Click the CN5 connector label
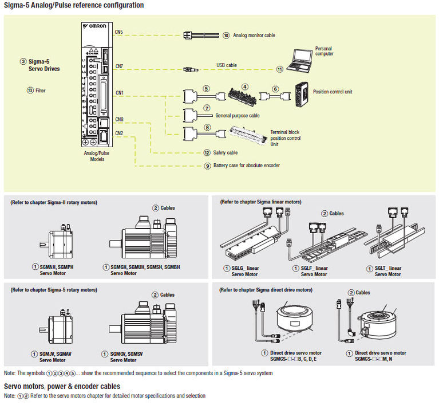(x=119, y=33)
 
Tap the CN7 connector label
(x=119, y=66)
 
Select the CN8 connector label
(x=119, y=120)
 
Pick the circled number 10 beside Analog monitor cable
(x=226, y=36)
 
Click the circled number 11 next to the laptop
(x=279, y=69)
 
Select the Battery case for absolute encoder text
(x=247, y=166)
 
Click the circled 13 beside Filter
(x=30, y=91)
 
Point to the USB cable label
(x=226, y=65)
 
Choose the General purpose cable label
(x=237, y=115)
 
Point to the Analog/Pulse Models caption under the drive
(x=97, y=156)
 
